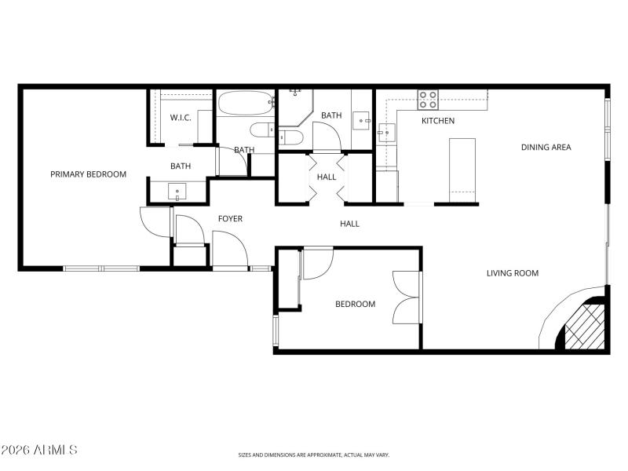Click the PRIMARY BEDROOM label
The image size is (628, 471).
(88, 174)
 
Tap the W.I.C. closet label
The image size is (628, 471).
(181, 118)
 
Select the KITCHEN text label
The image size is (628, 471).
(438, 121)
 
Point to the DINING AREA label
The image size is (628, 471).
(546, 147)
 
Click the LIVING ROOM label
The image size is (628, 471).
(512, 273)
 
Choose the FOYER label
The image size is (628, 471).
(230, 218)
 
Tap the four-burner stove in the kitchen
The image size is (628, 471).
(428, 100)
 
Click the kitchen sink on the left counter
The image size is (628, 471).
(385, 131)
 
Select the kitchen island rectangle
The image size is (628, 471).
(462, 169)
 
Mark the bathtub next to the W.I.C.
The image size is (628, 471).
(246, 104)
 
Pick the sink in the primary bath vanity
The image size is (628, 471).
(177, 191)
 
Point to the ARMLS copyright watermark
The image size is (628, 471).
(39, 451)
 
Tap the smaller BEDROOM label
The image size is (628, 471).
(355, 304)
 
